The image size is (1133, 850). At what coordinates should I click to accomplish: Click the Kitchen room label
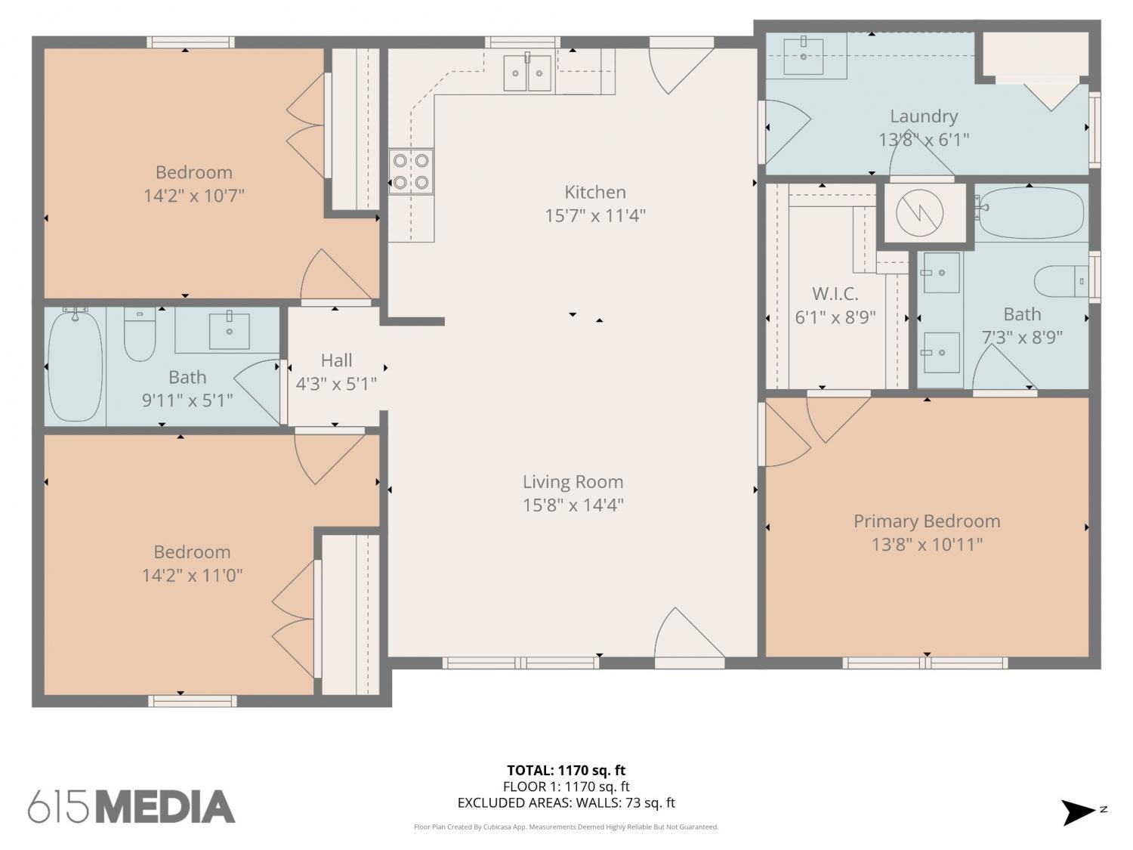(594, 192)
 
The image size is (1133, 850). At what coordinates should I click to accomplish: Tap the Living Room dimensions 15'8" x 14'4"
(573, 505)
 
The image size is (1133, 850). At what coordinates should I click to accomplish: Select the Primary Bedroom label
(927, 521)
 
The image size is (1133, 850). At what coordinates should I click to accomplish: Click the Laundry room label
(924, 116)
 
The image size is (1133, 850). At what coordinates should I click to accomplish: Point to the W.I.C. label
(835, 294)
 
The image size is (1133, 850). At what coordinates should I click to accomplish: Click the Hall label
(336, 360)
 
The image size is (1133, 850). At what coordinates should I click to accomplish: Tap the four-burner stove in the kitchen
(411, 172)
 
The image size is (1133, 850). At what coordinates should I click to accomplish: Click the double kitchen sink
(527, 73)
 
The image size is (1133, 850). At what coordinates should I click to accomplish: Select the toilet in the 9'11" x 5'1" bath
(140, 333)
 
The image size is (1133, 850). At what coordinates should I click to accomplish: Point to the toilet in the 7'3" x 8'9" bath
(1061, 281)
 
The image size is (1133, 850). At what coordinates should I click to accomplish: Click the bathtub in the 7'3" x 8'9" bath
(1030, 212)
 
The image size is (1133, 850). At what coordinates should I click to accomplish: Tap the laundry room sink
(803, 55)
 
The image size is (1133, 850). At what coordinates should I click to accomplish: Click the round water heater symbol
(919, 212)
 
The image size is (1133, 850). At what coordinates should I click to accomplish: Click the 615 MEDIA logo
(131, 806)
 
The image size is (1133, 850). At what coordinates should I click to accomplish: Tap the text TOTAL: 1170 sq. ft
(566, 771)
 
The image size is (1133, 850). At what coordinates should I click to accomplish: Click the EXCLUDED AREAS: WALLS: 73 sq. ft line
(566, 802)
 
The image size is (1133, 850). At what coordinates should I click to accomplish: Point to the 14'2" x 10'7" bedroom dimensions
(193, 196)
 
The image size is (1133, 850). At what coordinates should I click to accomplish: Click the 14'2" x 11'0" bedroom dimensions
(192, 576)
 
